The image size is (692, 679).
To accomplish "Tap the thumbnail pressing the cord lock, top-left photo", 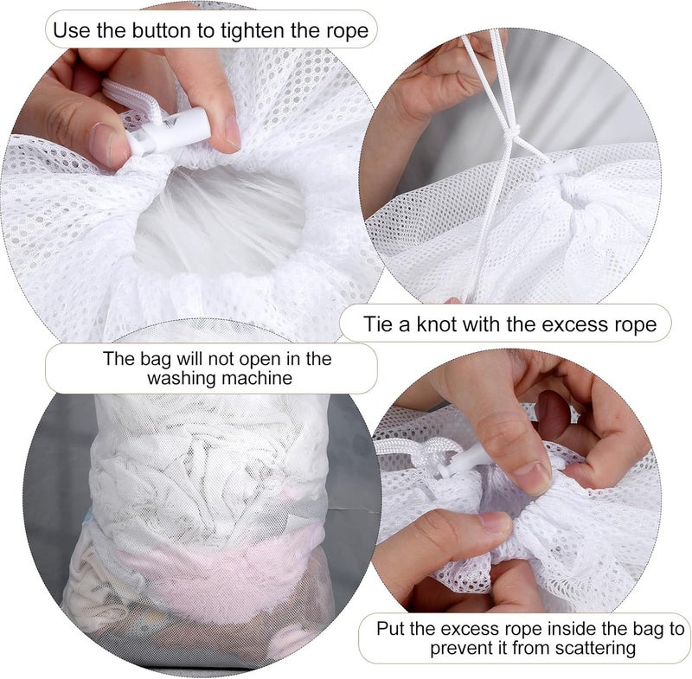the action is tap(103, 140).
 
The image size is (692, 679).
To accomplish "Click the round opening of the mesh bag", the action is tap(220, 221).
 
